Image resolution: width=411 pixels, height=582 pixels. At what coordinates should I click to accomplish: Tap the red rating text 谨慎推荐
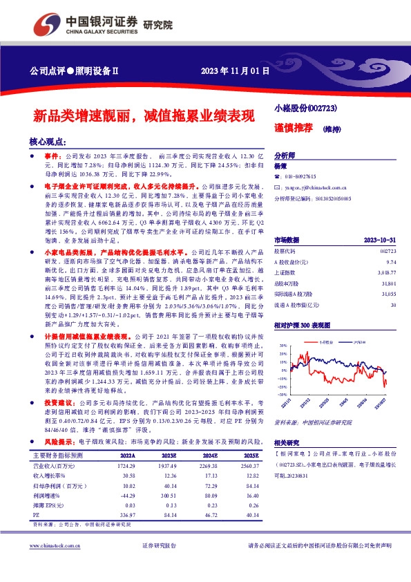[291, 129]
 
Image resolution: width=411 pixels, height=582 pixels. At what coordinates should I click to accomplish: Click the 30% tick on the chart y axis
[283, 344]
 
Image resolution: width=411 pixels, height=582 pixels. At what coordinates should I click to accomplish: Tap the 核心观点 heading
[47, 141]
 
